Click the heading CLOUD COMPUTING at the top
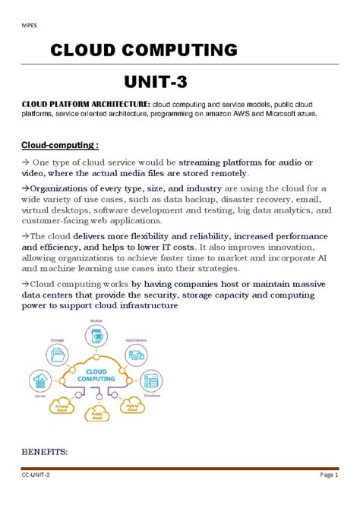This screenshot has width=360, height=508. pyautogui.click(x=143, y=51)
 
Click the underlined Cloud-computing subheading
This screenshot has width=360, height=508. pyautogui.click(x=60, y=145)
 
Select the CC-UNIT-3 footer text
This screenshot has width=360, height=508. pyautogui.click(x=36, y=474)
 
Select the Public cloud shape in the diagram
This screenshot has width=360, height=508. pyautogui.click(x=96, y=415)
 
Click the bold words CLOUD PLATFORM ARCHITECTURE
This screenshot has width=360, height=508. pyautogui.click(x=86, y=103)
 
